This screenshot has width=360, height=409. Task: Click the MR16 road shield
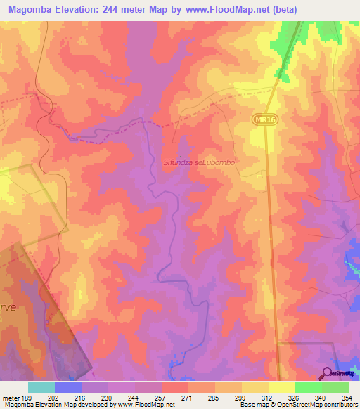tap(263, 122)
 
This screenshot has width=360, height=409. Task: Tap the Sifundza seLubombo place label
tap(199, 162)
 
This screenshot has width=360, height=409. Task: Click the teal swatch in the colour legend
tap(41, 387)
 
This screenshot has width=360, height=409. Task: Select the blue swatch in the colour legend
tap(67, 387)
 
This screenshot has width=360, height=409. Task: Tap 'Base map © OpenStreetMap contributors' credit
tap(298, 405)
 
